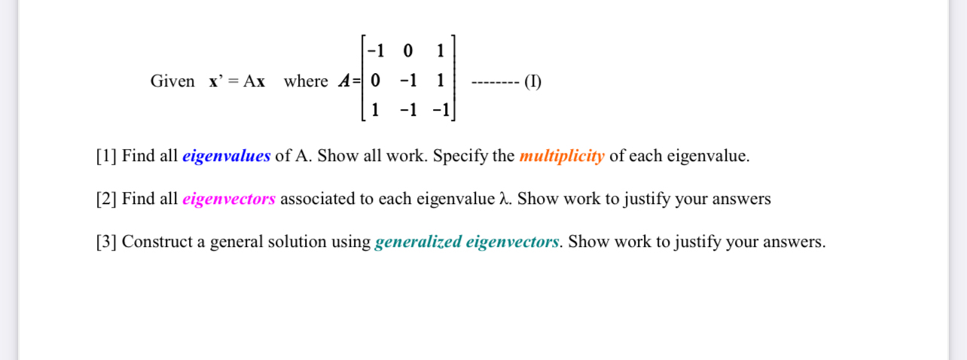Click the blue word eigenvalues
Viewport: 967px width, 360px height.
226,157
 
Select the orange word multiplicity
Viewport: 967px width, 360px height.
561,157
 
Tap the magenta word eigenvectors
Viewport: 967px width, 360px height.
229,200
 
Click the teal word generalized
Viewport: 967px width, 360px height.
417,243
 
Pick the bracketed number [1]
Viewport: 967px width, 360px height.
106,157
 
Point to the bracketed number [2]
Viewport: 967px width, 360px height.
106,200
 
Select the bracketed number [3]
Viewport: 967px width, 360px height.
106,243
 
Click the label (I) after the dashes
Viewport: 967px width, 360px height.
532,81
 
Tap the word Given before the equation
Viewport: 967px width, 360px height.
172,81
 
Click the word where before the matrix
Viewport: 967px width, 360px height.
306,81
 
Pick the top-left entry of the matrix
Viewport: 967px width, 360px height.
375,51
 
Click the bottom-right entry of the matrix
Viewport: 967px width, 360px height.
441,110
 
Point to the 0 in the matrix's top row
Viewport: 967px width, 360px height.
408,51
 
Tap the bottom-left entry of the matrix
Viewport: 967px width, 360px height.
375,110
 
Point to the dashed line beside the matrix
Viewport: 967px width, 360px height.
493,81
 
